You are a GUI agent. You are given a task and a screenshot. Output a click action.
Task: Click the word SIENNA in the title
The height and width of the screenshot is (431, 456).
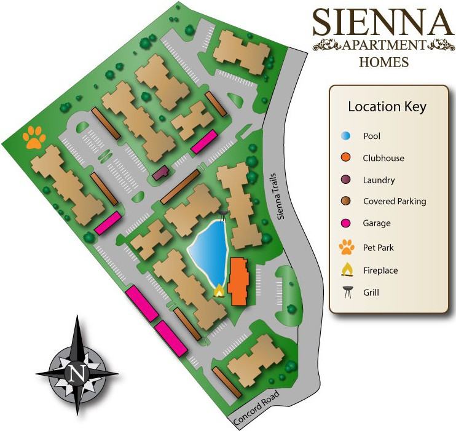pos(383,23)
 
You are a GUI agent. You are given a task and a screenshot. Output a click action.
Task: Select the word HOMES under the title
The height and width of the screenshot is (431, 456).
pos(383,61)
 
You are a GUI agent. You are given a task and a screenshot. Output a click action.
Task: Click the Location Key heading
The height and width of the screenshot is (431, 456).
pos(387,106)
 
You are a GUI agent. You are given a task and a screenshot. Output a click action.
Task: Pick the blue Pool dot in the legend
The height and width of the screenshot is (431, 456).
pos(347,136)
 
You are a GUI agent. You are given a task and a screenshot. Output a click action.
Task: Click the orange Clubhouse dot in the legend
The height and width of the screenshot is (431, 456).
pos(347,158)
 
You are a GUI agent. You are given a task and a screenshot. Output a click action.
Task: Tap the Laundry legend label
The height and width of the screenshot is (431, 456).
pos(379,180)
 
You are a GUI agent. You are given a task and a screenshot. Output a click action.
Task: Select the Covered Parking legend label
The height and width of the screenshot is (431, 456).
pos(394,201)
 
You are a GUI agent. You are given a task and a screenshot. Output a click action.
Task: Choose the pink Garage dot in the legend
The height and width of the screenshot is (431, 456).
pos(347,223)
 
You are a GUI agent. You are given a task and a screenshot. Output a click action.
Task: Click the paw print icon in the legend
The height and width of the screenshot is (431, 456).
pos(347,247)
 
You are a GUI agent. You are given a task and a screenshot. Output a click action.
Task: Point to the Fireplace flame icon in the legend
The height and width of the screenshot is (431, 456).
pos(347,270)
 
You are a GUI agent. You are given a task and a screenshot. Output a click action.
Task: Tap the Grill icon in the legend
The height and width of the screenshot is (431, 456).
pos(347,292)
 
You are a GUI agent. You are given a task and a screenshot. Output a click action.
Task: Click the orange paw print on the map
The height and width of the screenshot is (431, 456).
pos(34,138)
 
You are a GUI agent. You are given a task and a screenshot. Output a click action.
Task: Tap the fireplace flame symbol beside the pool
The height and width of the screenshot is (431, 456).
pos(218,291)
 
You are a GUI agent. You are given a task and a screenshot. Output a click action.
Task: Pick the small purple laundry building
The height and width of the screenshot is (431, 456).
pos(162,173)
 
